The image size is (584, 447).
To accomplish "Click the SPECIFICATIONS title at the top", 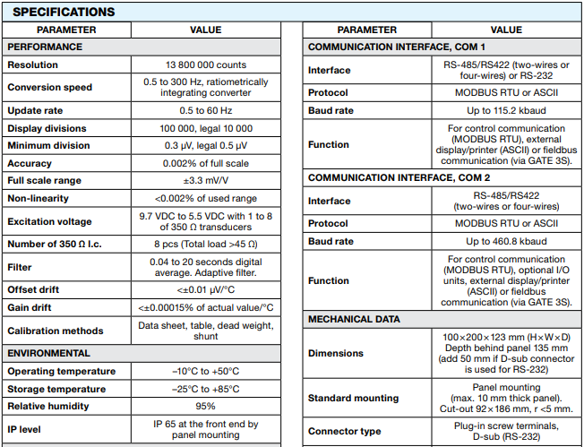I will [64, 13].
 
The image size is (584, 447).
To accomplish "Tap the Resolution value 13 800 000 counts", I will [205, 65].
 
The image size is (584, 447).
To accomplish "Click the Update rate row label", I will [37, 110].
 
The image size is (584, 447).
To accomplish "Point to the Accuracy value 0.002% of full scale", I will [205, 164].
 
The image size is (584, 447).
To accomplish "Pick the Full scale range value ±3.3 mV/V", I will [205, 181].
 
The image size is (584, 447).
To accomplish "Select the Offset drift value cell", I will [205, 289].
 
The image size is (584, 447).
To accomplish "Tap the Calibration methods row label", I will [56, 331].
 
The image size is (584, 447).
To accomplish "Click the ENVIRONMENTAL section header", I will [49, 353].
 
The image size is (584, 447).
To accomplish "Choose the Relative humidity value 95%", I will [205, 405].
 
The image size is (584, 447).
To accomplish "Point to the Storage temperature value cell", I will [205, 388].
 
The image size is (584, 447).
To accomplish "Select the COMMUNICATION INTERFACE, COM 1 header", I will [396, 46].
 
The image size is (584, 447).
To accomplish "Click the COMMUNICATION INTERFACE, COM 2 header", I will [396, 177].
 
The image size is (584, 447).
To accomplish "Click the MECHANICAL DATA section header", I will [354, 319].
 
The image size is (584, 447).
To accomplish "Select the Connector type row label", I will [345, 432].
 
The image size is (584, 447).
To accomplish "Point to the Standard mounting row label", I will [353, 398].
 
